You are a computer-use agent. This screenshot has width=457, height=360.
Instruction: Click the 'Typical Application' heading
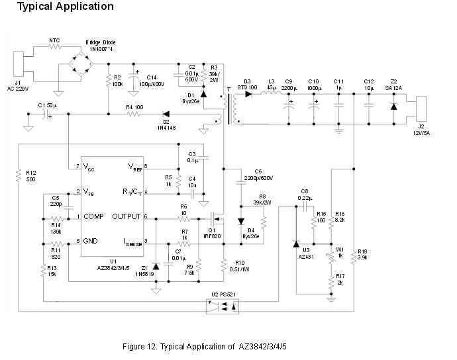pos(65,7)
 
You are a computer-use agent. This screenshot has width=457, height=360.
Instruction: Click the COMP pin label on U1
pos(93,216)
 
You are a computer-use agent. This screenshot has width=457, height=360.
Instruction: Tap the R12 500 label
pos(31,177)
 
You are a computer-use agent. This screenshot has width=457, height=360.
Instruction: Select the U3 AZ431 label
pos(305,253)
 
